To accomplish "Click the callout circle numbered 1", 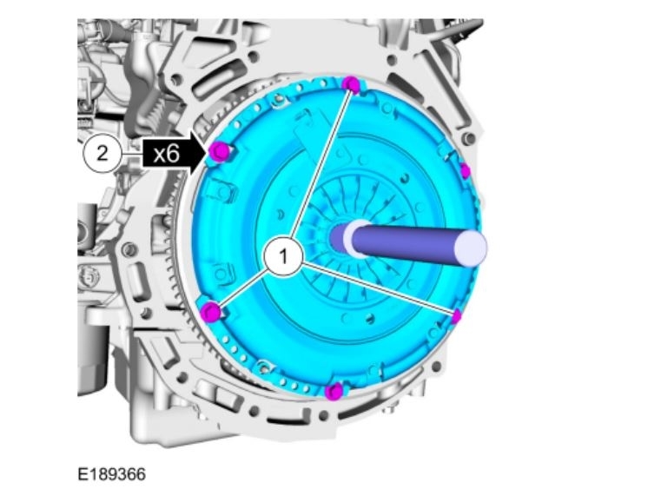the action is point(283,256).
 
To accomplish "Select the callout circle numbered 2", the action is point(102,154).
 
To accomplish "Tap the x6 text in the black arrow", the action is point(166,154).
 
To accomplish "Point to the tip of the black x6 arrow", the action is point(209,152).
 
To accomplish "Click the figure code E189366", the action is point(112,474).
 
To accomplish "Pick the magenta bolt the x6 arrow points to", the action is point(220,152).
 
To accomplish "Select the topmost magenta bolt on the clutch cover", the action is point(352,85).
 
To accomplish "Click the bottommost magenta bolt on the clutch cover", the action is point(334,393).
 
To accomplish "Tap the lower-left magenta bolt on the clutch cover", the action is point(211,312).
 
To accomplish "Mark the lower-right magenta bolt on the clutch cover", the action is point(456,316).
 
